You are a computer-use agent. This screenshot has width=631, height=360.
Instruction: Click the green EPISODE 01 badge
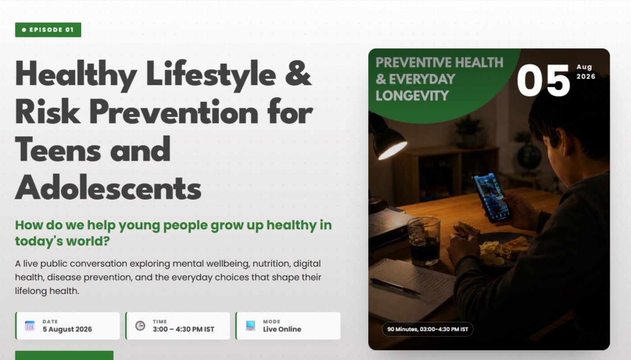tap(48, 30)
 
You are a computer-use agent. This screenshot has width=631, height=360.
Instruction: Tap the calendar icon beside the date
tap(30, 326)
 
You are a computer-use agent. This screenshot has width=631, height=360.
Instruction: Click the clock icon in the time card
tap(140, 326)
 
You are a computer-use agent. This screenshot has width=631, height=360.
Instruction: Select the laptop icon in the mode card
tap(251, 326)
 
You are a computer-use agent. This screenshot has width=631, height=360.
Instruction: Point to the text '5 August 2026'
tap(67, 329)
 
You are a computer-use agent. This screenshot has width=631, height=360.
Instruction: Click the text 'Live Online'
tap(282, 329)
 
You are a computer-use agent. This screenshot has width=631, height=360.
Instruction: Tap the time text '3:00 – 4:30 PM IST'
tap(183, 329)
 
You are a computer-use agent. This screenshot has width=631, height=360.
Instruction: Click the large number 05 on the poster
tap(544, 81)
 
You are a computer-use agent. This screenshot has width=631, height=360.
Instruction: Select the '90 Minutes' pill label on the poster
tap(428, 329)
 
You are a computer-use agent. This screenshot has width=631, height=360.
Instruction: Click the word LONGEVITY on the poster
tap(412, 96)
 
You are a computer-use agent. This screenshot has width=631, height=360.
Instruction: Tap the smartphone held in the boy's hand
tap(492, 198)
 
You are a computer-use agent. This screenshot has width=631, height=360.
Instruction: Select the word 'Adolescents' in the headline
tap(108, 187)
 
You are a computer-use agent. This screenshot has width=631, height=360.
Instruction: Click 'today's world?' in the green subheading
tap(62, 241)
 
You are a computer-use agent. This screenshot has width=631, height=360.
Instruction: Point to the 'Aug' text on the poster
tap(584, 67)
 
